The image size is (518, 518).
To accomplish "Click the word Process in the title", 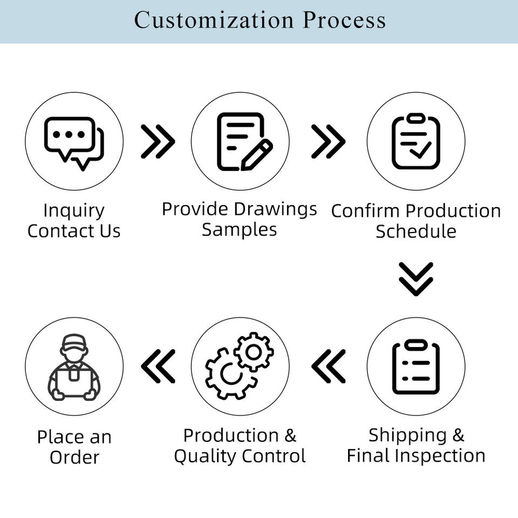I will [x=344, y=21].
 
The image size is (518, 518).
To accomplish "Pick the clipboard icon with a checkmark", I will [x=416, y=141].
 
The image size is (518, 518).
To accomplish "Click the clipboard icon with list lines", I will [x=416, y=367].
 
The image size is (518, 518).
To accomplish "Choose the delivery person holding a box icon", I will [x=74, y=367].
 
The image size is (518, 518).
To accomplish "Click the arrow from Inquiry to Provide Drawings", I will [x=158, y=141].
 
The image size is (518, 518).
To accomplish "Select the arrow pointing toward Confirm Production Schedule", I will [x=328, y=141].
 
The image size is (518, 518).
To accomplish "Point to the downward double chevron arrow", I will [x=416, y=278].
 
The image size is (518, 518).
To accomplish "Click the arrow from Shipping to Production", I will [x=328, y=366].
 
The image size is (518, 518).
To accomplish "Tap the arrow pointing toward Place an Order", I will [x=158, y=366].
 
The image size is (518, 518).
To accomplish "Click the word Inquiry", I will [x=74, y=210].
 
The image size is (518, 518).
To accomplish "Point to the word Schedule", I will [x=416, y=231].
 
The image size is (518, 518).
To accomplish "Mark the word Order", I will [x=74, y=458].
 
